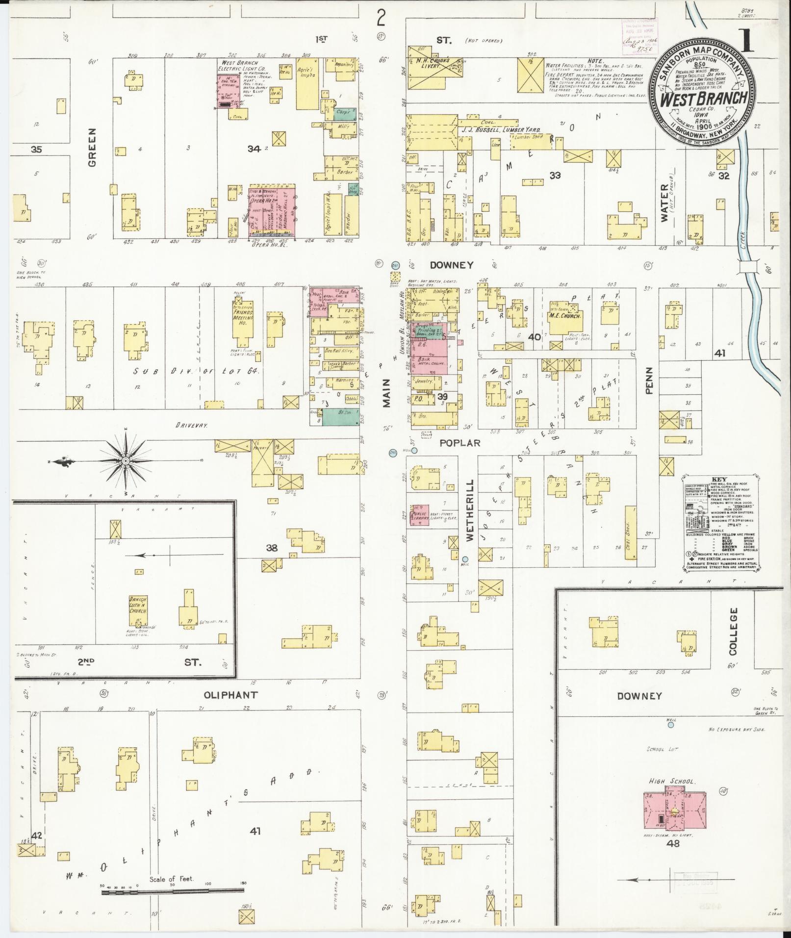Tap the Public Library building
pyautogui.click(x=419, y=515)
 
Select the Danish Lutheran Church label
pyautogui.click(x=138, y=606)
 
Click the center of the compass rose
pyautogui.click(x=126, y=461)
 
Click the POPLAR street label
pyautogui.click(x=459, y=443)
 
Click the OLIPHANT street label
pyautogui.click(x=231, y=695)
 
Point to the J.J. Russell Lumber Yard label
pyautogui.click(x=500, y=130)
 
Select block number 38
pyautogui.click(x=271, y=548)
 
